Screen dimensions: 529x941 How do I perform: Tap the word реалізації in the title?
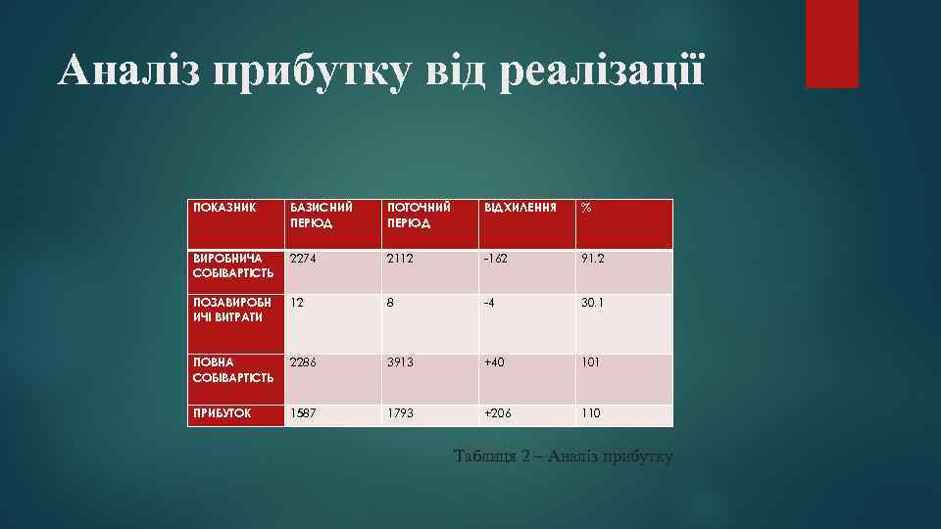coord(601,72)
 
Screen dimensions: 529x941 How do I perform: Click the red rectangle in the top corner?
coord(831,43)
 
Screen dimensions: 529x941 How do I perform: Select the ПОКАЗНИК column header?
coord(223,208)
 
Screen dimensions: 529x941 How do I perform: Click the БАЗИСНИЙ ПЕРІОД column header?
coord(320,215)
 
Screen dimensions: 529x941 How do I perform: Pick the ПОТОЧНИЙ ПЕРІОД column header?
coord(420,215)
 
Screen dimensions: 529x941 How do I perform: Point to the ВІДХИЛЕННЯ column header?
coord(520,208)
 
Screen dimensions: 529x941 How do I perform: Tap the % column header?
coord(586,208)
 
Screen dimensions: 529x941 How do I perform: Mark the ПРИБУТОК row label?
coord(221,413)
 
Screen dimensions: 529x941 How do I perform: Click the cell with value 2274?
coord(304,260)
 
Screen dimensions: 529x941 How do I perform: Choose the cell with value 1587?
coord(304,413)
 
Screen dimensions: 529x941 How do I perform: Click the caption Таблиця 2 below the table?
coord(565,456)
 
